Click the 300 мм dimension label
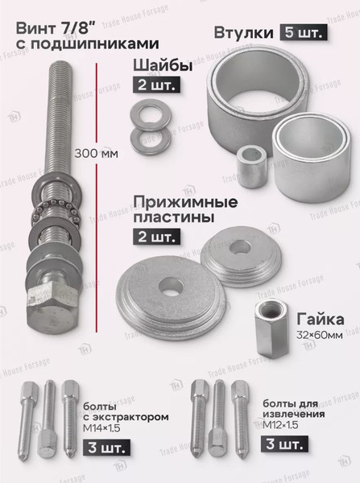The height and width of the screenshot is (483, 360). [96, 154]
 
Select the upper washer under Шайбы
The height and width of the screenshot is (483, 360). [151, 114]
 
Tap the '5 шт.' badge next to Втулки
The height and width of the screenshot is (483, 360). [304, 32]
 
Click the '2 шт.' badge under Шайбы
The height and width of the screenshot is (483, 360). [156, 85]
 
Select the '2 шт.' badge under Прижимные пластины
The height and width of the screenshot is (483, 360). [156, 237]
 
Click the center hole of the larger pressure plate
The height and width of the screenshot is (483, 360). [171, 286]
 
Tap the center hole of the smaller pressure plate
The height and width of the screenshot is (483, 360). [241, 247]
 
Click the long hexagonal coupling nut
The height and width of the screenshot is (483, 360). [272, 329]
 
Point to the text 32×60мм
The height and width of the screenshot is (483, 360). [319, 335]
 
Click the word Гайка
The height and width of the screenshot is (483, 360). [321, 320]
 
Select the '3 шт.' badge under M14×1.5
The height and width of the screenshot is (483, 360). [106, 448]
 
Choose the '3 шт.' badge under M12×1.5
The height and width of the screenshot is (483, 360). [284, 444]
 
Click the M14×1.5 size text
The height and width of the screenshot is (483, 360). [101, 428]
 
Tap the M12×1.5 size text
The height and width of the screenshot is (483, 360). [280, 425]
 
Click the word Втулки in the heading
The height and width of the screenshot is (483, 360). [244, 33]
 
